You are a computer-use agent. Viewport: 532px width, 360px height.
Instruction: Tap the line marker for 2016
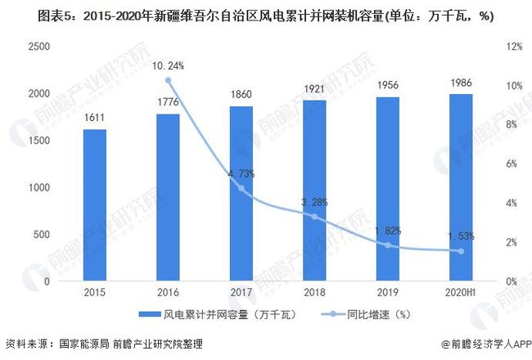tap(168, 80)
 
